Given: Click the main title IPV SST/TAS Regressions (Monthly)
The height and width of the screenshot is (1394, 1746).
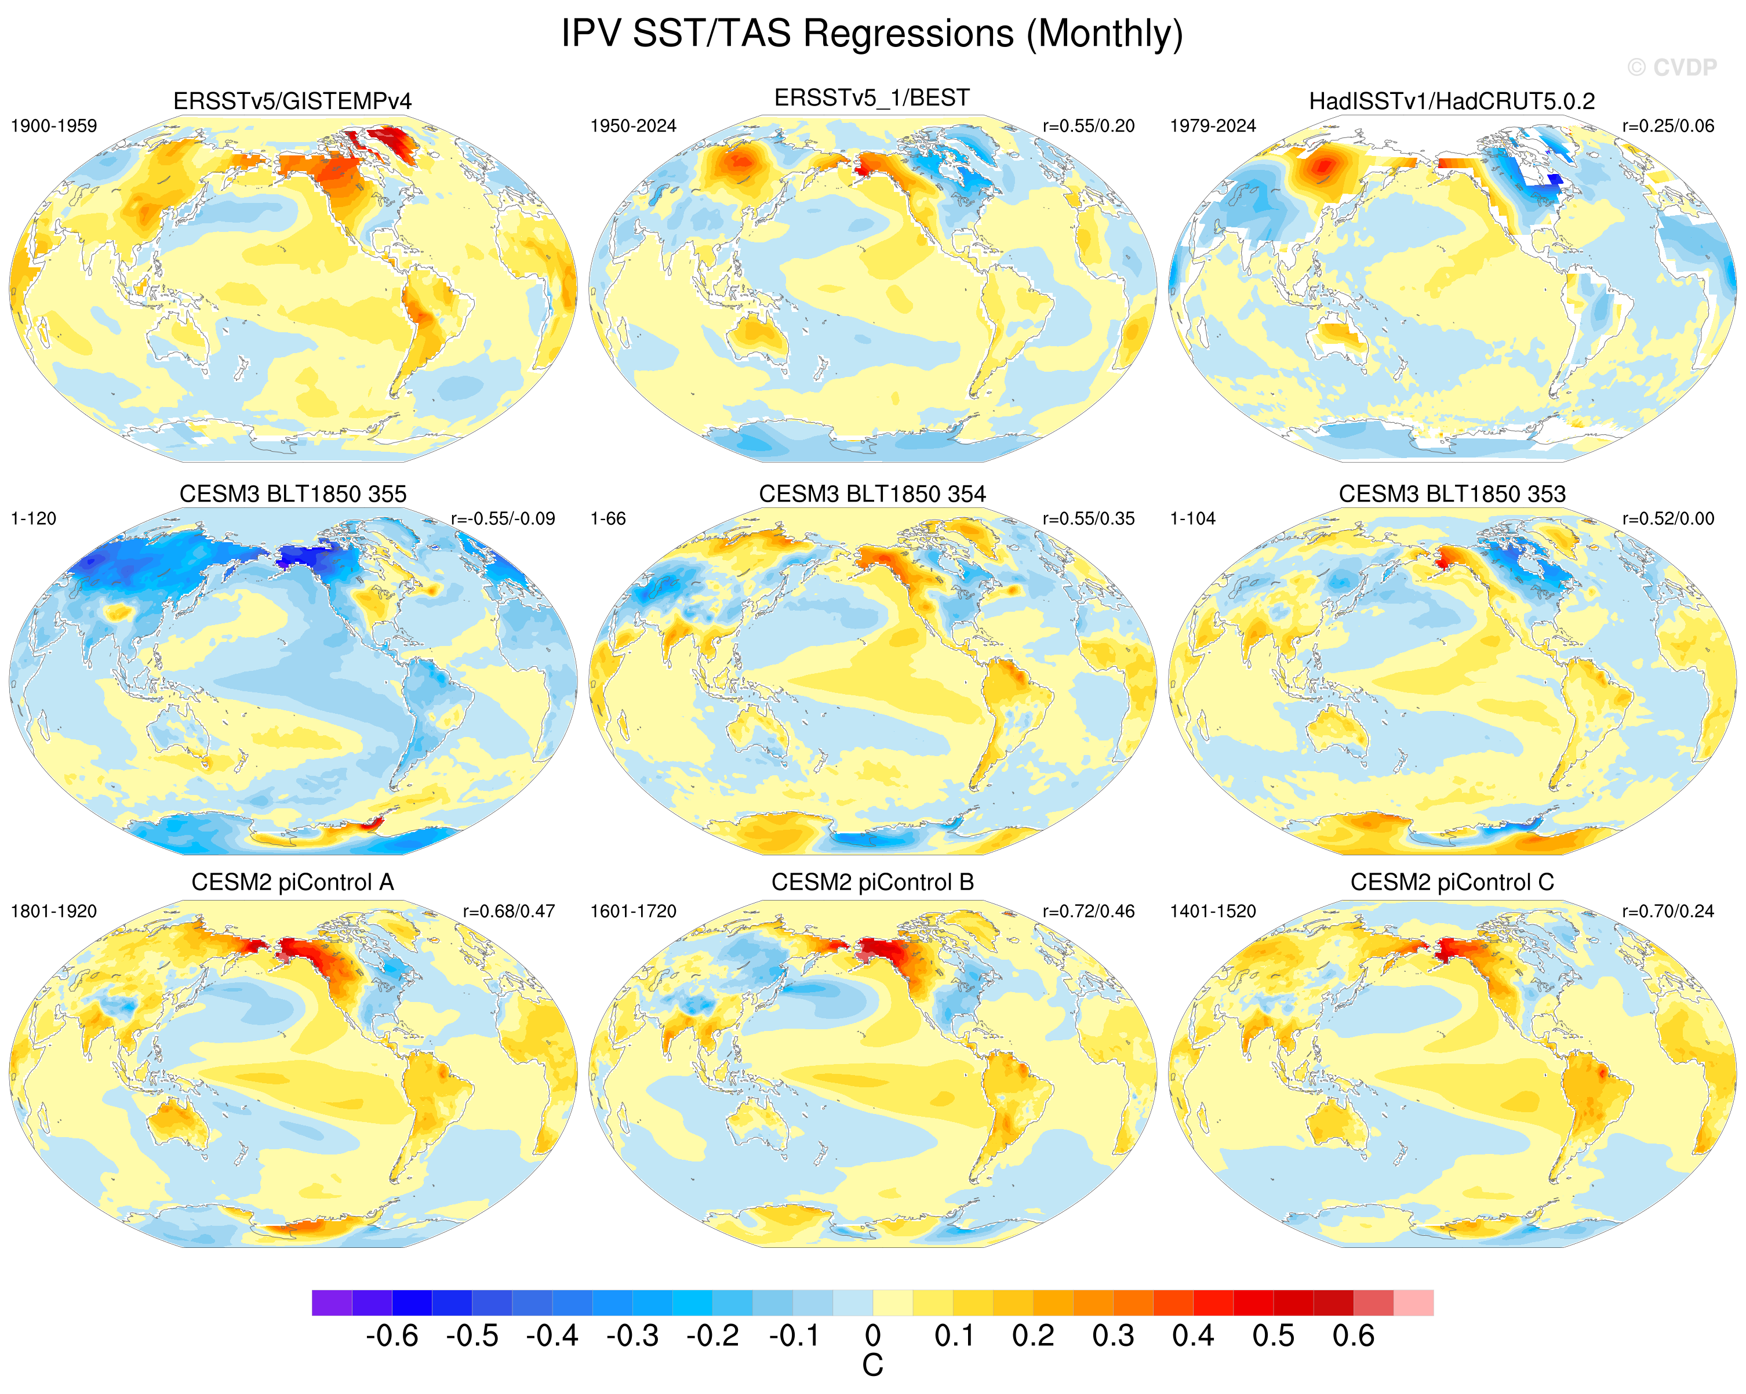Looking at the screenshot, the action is pos(872,35).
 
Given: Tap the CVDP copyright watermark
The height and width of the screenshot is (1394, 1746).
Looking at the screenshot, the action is pos(1671,68).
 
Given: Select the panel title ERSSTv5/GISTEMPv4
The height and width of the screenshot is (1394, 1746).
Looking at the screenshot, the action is pos(292,101).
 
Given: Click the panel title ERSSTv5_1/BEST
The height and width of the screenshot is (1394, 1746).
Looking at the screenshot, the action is pos(872,98).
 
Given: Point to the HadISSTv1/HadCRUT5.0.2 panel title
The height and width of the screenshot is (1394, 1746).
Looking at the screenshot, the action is pos(1452,101).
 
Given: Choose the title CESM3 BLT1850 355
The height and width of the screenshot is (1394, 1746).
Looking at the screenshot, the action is pos(292,494).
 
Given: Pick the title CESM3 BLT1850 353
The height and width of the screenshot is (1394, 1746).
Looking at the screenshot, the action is pos(1452,494).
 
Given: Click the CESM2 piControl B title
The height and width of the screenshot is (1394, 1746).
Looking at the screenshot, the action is pos(872,882).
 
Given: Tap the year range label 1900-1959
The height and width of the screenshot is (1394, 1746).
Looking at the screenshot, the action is pos(53,126).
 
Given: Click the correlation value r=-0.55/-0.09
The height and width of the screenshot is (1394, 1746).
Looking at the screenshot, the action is pos(503,519).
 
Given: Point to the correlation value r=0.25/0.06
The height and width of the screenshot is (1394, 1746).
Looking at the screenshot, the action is pos(1668,126).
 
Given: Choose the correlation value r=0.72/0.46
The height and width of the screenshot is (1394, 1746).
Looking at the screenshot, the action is pos(1089,911).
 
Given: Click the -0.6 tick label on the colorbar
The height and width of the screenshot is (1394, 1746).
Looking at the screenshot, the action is pos(392,1335).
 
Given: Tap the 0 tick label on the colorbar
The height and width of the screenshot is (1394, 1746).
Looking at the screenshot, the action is pos(872,1335).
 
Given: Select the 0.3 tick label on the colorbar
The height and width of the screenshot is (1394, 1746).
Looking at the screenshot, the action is pos(1113,1335).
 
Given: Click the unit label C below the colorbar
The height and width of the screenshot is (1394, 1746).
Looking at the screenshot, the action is pos(872,1366).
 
